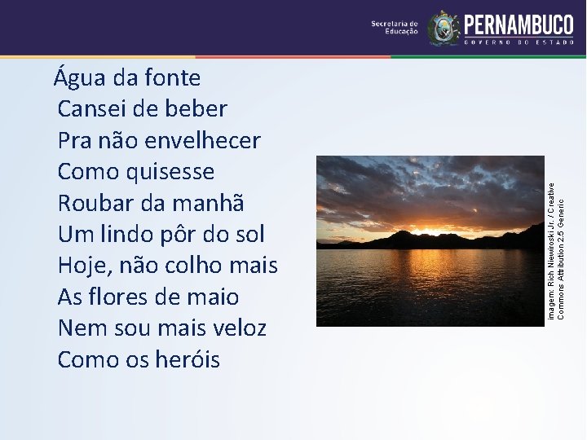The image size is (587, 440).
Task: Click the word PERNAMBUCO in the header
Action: click(519, 24)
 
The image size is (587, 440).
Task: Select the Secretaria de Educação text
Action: click(395, 28)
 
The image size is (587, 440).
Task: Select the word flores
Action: click(120, 297)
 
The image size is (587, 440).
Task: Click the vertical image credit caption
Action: click(555, 250)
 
